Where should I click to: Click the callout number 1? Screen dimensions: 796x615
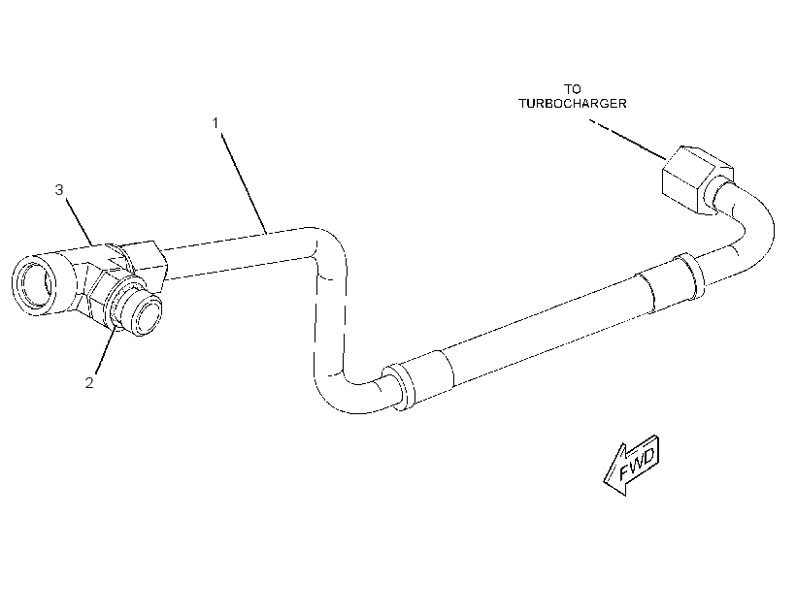tap(216, 123)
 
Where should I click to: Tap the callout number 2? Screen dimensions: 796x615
tap(89, 382)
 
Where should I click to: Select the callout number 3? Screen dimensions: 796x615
tap(59, 190)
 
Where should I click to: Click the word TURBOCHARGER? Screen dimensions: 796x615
tap(572, 104)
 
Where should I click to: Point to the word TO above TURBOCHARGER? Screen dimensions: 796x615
tap(572, 89)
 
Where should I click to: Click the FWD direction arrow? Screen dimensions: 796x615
tap(632, 465)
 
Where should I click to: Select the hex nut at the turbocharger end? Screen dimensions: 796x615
tap(697, 179)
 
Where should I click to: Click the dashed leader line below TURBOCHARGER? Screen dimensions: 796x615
tap(627, 139)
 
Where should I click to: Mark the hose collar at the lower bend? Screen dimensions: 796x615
tap(417, 380)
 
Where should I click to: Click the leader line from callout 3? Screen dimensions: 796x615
tap(80, 221)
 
